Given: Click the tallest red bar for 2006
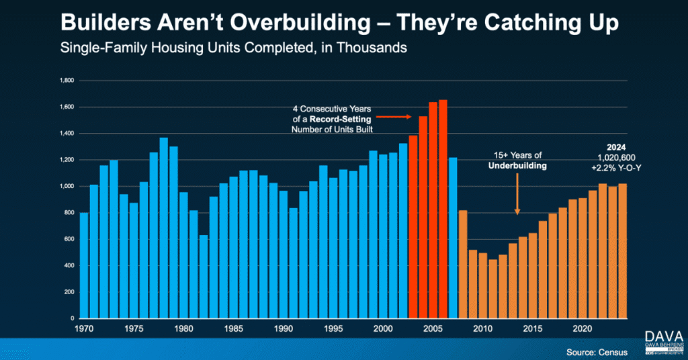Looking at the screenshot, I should click(x=443, y=208).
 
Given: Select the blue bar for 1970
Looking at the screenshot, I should click(x=84, y=265).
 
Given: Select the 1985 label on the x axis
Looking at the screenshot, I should click(x=234, y=329).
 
